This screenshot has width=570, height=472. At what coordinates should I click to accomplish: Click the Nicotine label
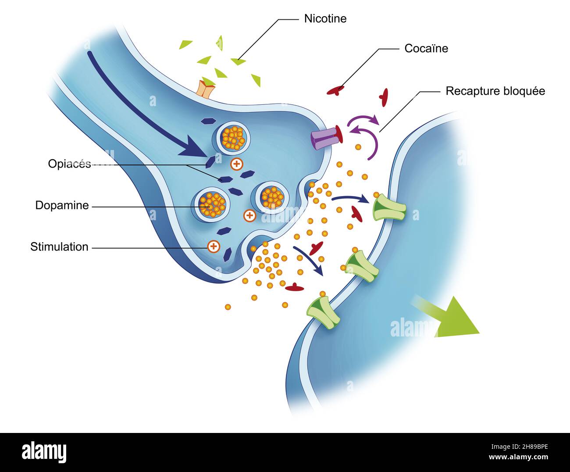pos(325,19)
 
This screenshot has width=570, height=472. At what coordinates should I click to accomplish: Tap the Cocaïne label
pos(426,48)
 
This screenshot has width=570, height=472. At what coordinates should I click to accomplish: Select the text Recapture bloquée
pos(495,91)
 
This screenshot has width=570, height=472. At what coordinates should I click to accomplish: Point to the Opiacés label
pos(69,164)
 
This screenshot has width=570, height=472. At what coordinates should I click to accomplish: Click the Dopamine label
pos(62,205)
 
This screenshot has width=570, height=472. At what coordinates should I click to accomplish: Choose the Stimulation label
pos(59,247)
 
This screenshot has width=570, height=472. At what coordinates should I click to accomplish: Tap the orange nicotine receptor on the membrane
pos(206,89)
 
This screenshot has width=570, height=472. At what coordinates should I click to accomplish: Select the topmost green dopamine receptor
pos(389,208)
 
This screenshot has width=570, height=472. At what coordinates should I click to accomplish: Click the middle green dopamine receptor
pos(362,266)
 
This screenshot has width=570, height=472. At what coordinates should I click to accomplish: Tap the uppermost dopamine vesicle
pos(232,138)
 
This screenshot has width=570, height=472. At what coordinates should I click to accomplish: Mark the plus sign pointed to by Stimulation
pos(214,247)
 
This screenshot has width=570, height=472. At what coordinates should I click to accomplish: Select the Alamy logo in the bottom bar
pos(44,452)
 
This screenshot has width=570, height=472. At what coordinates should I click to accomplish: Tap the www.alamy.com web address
pos(519,457)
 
